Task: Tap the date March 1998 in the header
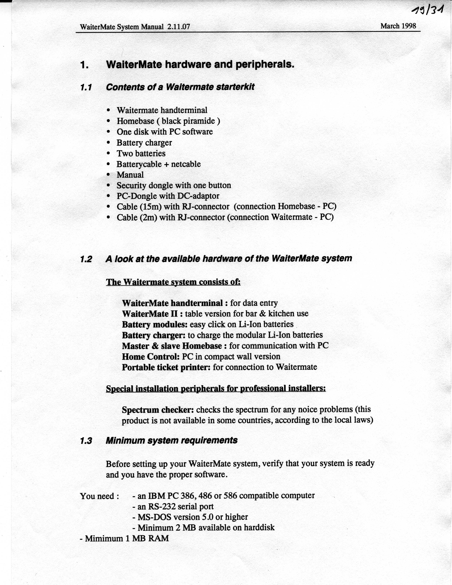pyautogui.click(x=398, y=26)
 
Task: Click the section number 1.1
pyautogui.click(x=86, y=88)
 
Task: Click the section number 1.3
pyautogui.click(x=86, y=441)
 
